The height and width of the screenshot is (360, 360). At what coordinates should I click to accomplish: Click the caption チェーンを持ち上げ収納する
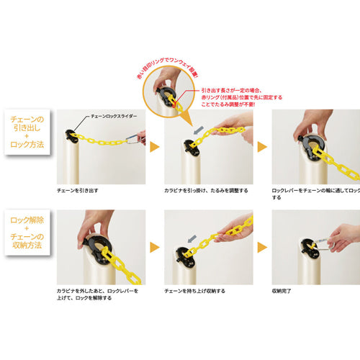(x=196, y=292)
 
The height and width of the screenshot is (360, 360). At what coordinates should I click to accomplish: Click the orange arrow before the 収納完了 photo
(x=262, y=247)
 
